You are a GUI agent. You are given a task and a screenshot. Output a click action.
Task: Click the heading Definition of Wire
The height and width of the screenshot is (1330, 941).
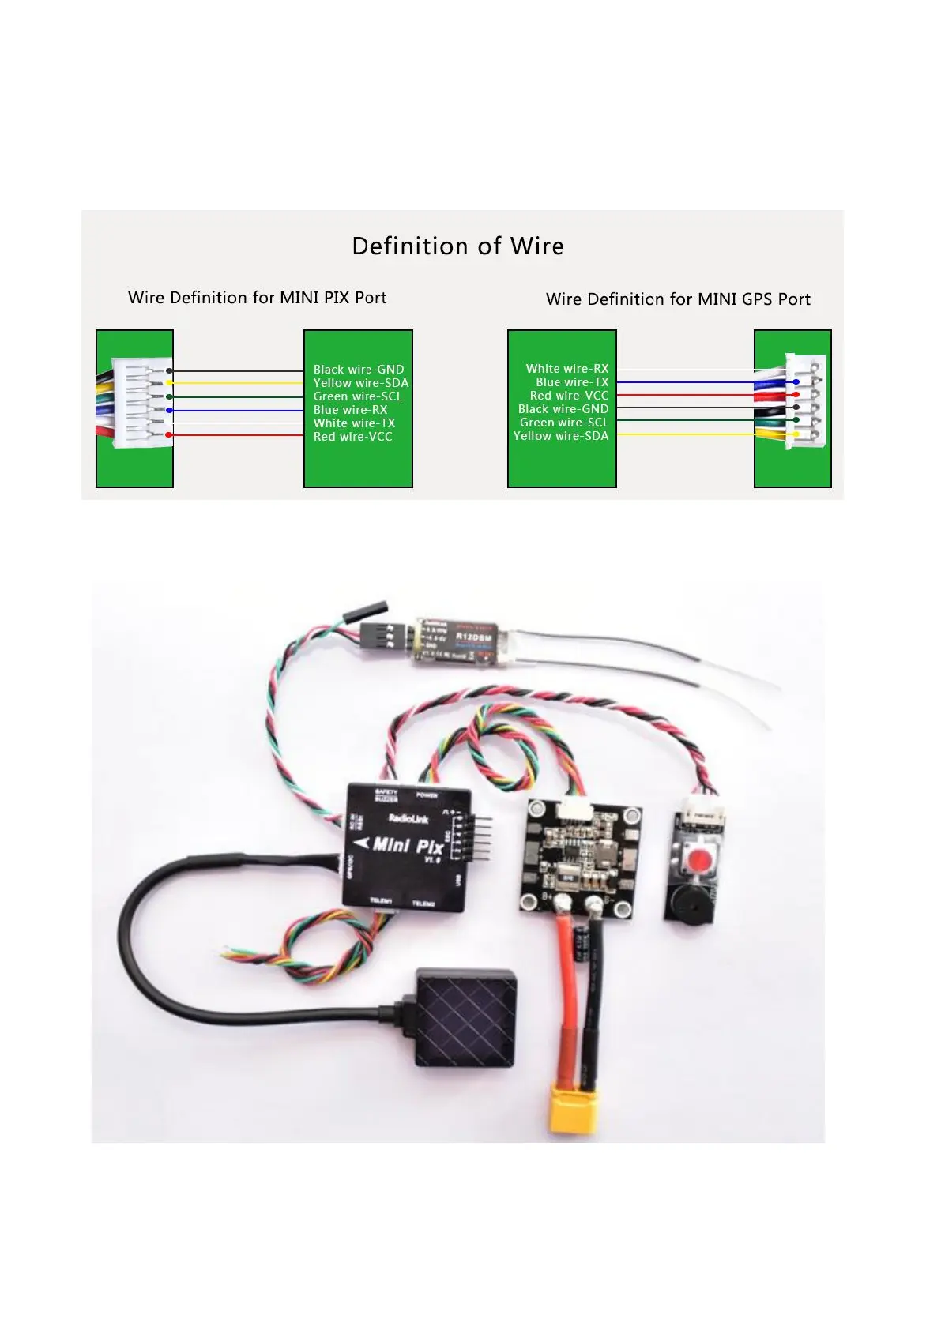coord(457,246)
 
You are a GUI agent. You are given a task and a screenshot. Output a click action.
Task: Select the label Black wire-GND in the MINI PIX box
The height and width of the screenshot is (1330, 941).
coord(358,369)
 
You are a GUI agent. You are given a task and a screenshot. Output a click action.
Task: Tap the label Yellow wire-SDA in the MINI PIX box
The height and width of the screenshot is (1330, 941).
coord(360,382)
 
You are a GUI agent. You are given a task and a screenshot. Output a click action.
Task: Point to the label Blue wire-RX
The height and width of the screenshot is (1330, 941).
coord(350,409)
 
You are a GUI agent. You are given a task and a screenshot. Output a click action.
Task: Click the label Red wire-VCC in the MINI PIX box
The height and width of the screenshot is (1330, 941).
coord(352,436)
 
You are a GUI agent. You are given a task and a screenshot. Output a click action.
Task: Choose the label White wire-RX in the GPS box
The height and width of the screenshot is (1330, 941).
coord(566,368)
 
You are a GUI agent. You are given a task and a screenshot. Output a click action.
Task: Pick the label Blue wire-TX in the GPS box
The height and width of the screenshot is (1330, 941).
coord(572,381)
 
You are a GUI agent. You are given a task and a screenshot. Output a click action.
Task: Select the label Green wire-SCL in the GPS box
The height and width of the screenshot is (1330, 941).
coord(563,422)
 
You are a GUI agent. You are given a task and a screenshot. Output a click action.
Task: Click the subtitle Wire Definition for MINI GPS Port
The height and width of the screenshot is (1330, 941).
coord(677,299)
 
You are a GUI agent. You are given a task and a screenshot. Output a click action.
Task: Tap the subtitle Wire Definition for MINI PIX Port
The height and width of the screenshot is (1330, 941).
coord(257,297)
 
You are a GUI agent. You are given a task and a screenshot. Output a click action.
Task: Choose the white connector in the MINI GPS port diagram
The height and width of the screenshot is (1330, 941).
coord(805,401)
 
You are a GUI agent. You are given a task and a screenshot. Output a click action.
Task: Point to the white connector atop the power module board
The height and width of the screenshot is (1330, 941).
coord(574,808)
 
